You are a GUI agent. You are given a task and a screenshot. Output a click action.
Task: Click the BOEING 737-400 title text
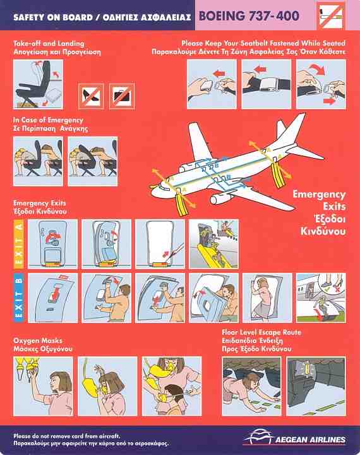tap(249, 16)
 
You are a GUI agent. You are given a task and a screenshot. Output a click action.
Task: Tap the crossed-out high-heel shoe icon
tap(91, 96)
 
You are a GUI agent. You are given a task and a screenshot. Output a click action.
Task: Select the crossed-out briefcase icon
tap(122, 96)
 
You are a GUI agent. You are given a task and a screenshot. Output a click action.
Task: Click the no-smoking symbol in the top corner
tap(331, 15)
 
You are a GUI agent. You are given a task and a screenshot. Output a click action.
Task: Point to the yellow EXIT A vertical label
tap(19, 244)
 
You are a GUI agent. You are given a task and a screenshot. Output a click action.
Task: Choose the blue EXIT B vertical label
tap(19, 298)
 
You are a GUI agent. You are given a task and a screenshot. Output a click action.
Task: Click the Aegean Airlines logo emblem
tap(257, 437)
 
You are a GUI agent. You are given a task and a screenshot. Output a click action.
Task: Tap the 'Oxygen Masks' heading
tap(38, 341)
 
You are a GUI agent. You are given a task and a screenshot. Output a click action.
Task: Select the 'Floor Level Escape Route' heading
tap(261, 332)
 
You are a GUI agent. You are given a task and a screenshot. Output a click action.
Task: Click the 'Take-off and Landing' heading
tap(49, 44)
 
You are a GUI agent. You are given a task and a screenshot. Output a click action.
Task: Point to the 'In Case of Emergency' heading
tap(48, 120)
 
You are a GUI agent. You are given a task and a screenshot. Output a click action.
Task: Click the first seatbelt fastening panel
tap(212, 84)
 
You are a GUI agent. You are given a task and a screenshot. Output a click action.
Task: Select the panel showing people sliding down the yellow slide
tap(214, 244)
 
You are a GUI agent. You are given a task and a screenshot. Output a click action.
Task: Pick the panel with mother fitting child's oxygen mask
tap(172, 386)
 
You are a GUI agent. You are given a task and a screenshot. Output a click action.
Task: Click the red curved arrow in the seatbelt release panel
tap(318, 70)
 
